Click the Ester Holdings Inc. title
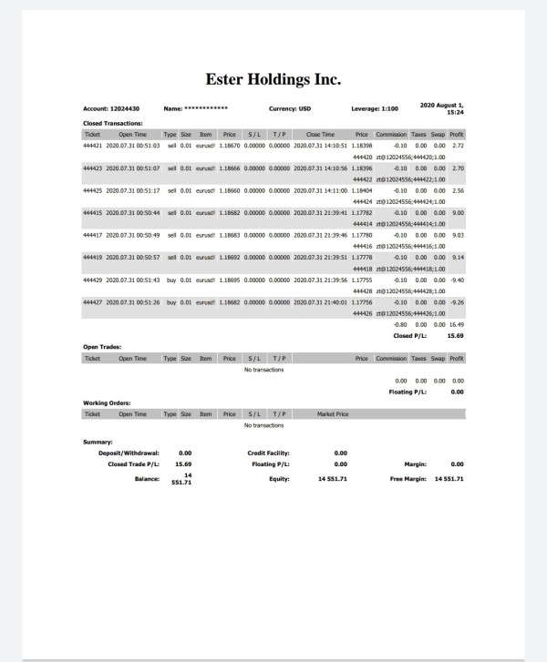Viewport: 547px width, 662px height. tap(273, 79)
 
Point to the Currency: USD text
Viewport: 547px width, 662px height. tap(290, 109)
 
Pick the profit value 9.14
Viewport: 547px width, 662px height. tap(458, 257)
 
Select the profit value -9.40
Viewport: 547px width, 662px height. tap(457, 280)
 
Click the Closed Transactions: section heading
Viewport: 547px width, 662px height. tap(113, 123)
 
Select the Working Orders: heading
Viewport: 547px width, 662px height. tap(107, 402)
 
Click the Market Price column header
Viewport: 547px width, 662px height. tap(333, 414)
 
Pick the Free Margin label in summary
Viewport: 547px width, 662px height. tap(409, 478)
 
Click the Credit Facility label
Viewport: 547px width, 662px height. tap(268, 453)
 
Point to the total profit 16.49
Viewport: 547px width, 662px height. tap(456, 323)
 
